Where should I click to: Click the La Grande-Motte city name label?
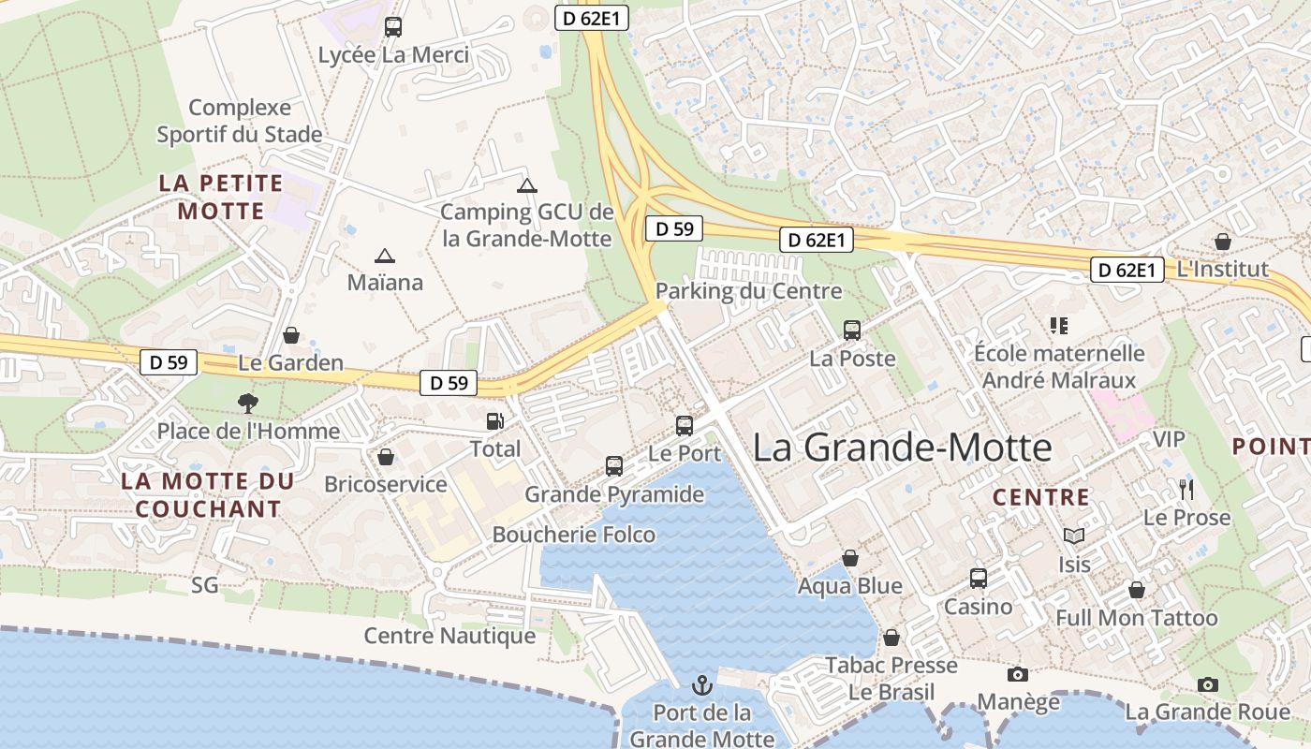click(903, 448)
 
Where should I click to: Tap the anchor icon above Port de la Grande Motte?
click(701, 685)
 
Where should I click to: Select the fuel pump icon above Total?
click(494, 422)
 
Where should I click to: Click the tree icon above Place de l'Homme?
click(248, 404)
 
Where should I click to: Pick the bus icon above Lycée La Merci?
click(393, 27)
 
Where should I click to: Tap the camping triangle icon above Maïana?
click(384, 256)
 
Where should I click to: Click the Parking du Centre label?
click(748, 291)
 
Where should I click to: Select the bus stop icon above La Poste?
click(852, 330)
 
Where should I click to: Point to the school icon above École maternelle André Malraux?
click(1059, 326)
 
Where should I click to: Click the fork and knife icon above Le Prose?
click(1186, 489)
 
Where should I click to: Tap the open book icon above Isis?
click(1074, 536)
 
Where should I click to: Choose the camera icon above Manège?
click(1018, 674)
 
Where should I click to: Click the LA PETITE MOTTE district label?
click(221, 197)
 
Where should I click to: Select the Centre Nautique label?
click(449, 637)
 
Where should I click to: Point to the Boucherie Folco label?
click(573, 535)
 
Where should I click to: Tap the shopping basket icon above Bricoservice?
click(385, 457)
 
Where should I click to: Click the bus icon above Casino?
click(979, 579)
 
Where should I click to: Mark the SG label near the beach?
click(204, 586)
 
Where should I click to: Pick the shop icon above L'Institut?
click(1222, 242)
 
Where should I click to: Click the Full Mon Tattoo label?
click(1137, 618)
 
